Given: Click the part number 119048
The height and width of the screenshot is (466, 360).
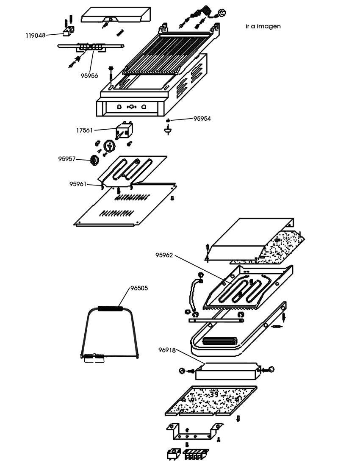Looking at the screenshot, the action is tap(36, 35).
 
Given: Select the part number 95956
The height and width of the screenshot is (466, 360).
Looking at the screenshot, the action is tap(89, 76).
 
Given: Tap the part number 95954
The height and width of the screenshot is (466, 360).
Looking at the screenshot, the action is tap(202, 119).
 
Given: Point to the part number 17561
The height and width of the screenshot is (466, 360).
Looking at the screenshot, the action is tap(84, 130).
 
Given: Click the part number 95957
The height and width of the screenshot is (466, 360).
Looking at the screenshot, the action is tap(67, 159).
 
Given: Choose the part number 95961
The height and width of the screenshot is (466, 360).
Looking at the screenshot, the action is tap(78, 184).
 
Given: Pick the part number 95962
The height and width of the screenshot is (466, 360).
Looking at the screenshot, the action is tap(164, 255).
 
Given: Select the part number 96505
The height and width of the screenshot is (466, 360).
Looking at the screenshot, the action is tap(139, 288).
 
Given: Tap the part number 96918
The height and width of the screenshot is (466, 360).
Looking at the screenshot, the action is tap(167, 350).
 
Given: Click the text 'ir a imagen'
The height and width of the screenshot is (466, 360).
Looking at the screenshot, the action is tap(263, 26).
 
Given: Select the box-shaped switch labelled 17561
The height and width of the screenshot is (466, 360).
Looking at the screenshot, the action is tap(124, 130).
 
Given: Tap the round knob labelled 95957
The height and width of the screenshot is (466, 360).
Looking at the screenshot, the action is tap(94, 160).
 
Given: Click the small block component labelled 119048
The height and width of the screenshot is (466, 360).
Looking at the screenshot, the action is tap(69, 31).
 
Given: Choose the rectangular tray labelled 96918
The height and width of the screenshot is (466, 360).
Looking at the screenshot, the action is tap(227, 371).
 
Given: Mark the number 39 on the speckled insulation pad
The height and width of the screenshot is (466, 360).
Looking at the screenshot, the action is tap(214, 394).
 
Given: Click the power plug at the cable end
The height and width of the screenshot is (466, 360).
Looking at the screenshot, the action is tap(222, 12).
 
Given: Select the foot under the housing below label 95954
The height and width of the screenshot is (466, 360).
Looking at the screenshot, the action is tap(168, 130).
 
